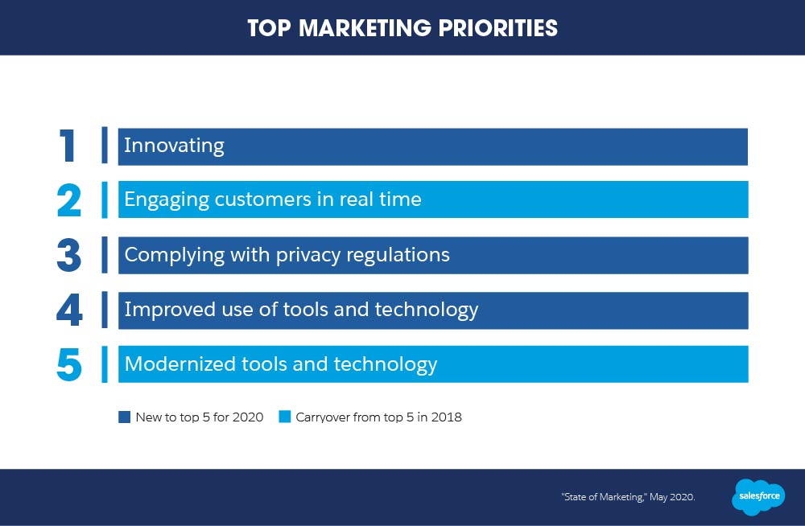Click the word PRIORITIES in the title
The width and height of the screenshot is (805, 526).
click(497, 28)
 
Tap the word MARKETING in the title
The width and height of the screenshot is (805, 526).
click(365, 28)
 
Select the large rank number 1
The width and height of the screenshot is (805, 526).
click(68, 146)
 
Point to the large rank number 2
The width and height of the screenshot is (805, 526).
click(68, 200)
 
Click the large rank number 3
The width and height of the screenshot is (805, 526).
click(68, 255)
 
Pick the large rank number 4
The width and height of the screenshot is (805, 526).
click(69, 310)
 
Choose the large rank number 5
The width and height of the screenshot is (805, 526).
click(68, 365)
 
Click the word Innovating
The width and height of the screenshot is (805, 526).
click(174, 146)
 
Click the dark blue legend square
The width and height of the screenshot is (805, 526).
click(124, 417)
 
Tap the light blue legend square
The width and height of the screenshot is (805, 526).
click(284, 417)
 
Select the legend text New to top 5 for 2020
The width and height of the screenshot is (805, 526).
click(199, 417)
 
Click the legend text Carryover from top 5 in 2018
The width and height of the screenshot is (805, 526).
click(378, 417)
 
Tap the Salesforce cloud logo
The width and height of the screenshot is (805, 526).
click(758, 497)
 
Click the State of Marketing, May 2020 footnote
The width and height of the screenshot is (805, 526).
click(629, 497)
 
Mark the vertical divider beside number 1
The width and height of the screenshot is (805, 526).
click(105, 146)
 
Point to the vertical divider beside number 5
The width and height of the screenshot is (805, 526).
click(105, 364)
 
